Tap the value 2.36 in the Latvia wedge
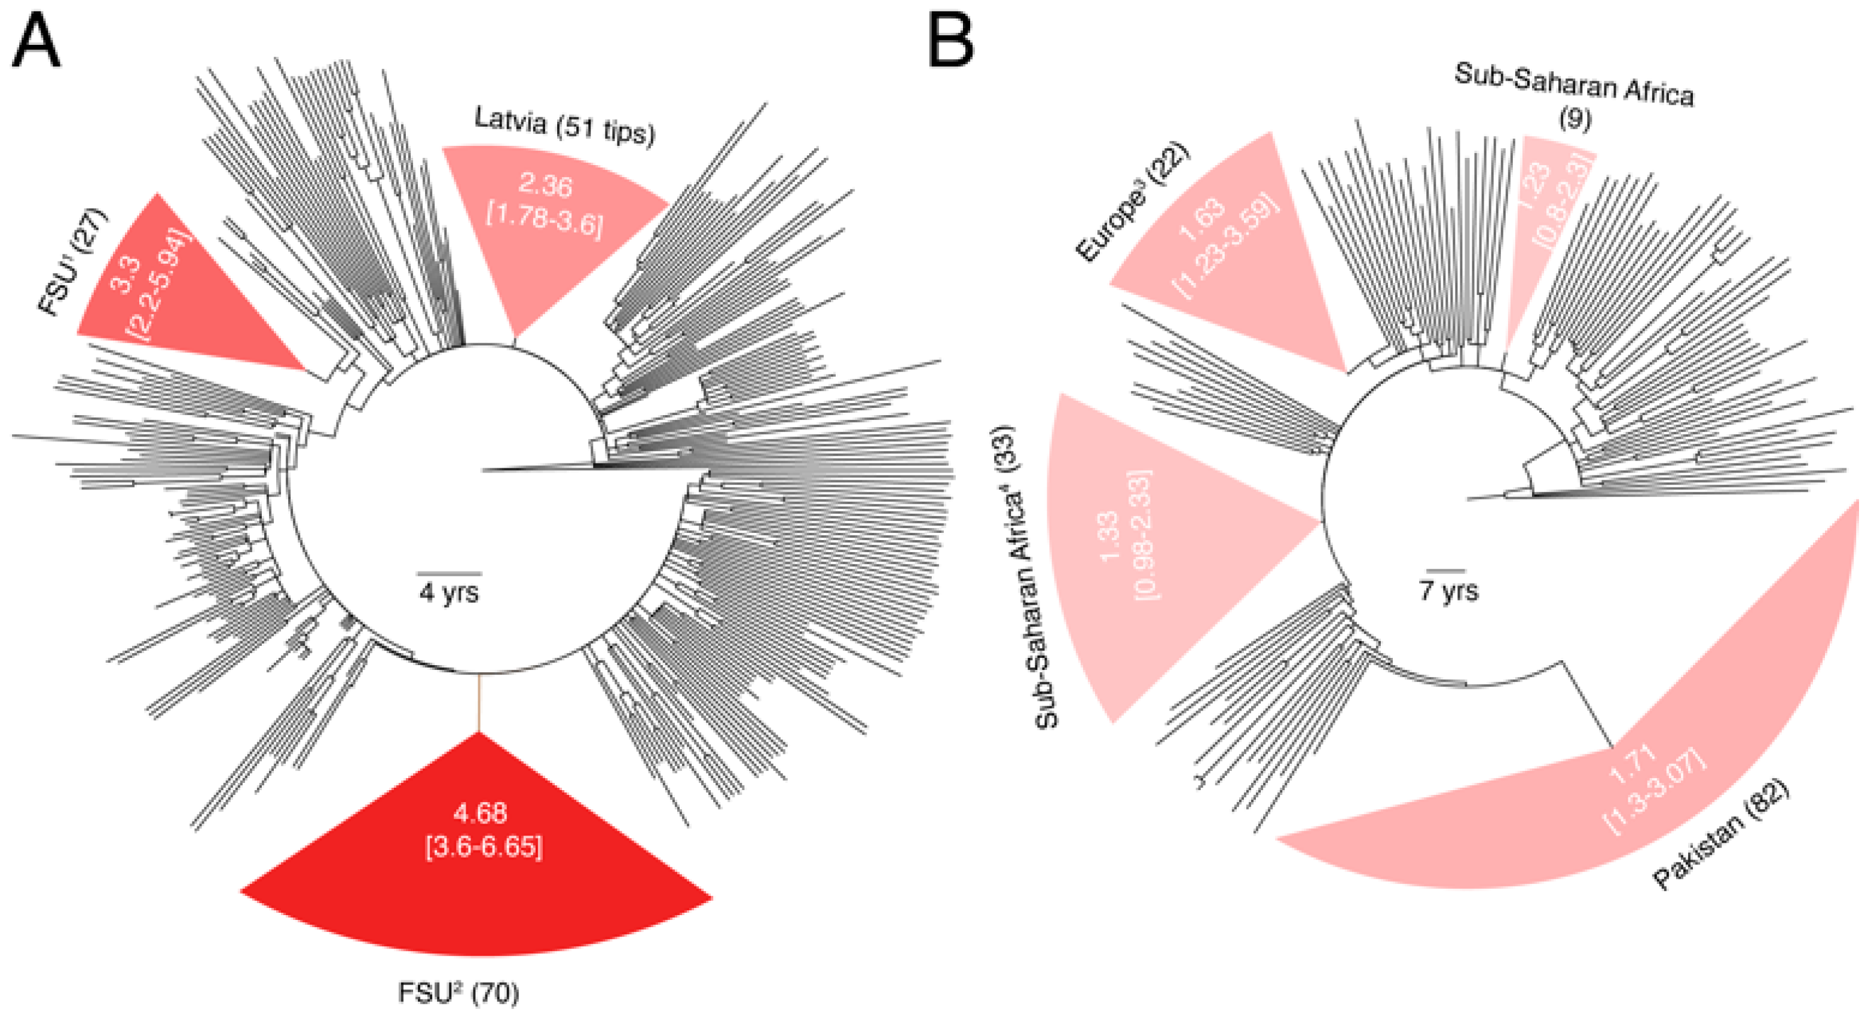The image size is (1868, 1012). [545, 186]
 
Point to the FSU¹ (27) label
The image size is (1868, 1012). [72, 262]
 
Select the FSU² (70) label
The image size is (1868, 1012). [458, 992]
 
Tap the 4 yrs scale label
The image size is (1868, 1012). [449, 593]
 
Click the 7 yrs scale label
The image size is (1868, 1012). [1448, 590]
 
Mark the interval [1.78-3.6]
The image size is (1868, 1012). [544, 219]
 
